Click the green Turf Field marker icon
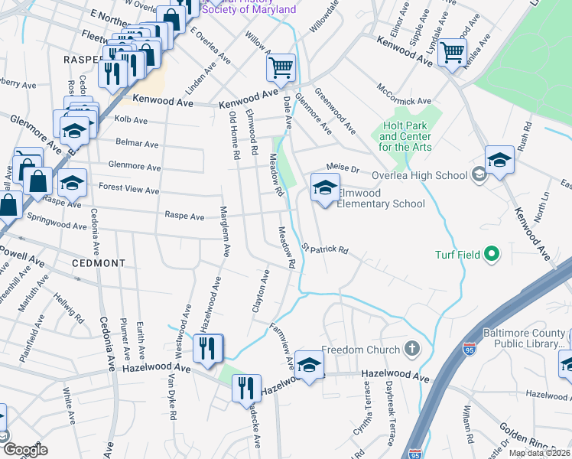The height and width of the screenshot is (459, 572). [x=492, y=254]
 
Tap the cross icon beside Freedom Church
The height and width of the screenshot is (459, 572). [x=412, y=350]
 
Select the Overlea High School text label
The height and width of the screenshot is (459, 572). [x=419, y=175]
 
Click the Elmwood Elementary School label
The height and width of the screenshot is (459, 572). [x=380, y=198]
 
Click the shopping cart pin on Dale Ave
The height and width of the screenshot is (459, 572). [x=281, y=68]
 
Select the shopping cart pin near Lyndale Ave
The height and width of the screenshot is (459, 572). [x=452, y=53]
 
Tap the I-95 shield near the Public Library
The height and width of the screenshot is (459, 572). [x=470, y=350]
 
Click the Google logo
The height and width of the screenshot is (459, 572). [x=25, y=450]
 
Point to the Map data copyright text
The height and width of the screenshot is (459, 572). [x=539, y=453]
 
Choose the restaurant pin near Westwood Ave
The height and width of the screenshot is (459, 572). [x=207, y=349]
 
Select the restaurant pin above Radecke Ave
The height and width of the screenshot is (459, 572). [x=246, y=388]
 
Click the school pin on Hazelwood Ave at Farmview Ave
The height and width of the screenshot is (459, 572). [x=309, y=364]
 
